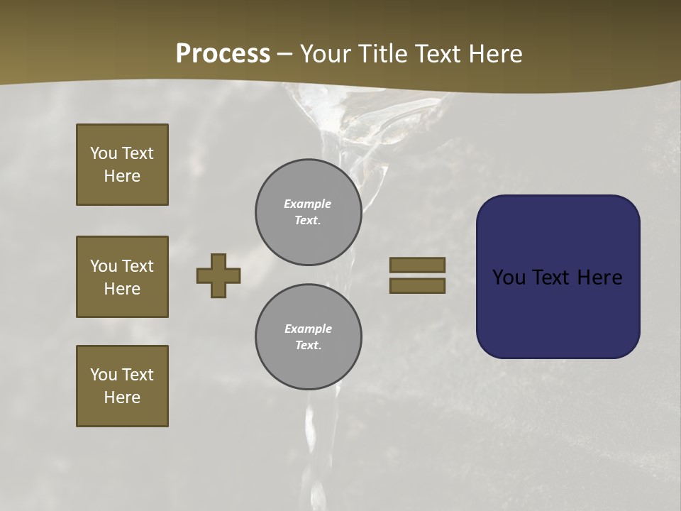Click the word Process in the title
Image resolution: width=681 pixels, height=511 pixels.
coord(223,54)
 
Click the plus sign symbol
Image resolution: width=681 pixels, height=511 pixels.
coord(218,275)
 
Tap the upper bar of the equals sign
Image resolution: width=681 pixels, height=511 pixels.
coord(417,265)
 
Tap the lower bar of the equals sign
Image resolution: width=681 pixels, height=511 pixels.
coord(417,285)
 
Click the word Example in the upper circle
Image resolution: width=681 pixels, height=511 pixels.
coord(307,204)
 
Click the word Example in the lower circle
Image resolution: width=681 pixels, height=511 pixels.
coord(308,329)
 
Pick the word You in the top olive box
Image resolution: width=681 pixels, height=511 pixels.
coord(104,153)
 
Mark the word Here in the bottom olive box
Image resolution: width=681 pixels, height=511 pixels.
coord(122,397)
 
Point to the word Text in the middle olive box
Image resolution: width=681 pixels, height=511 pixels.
coord(138,266)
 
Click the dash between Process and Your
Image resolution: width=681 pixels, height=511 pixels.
coord(285,54)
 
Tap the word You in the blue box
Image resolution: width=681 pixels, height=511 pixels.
coord(509,278)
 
